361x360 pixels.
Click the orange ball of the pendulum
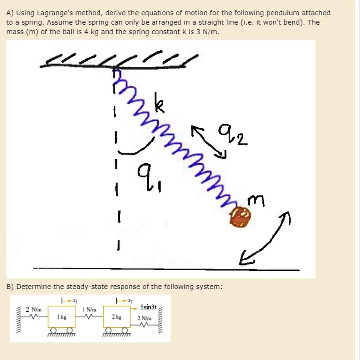[241, 216]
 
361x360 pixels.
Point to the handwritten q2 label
[233, 135]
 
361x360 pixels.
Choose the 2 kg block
[116, 317]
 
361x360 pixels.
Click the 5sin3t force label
[148, 307]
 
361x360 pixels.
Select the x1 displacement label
[74, 300]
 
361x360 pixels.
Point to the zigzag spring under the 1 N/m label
[89, 317]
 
